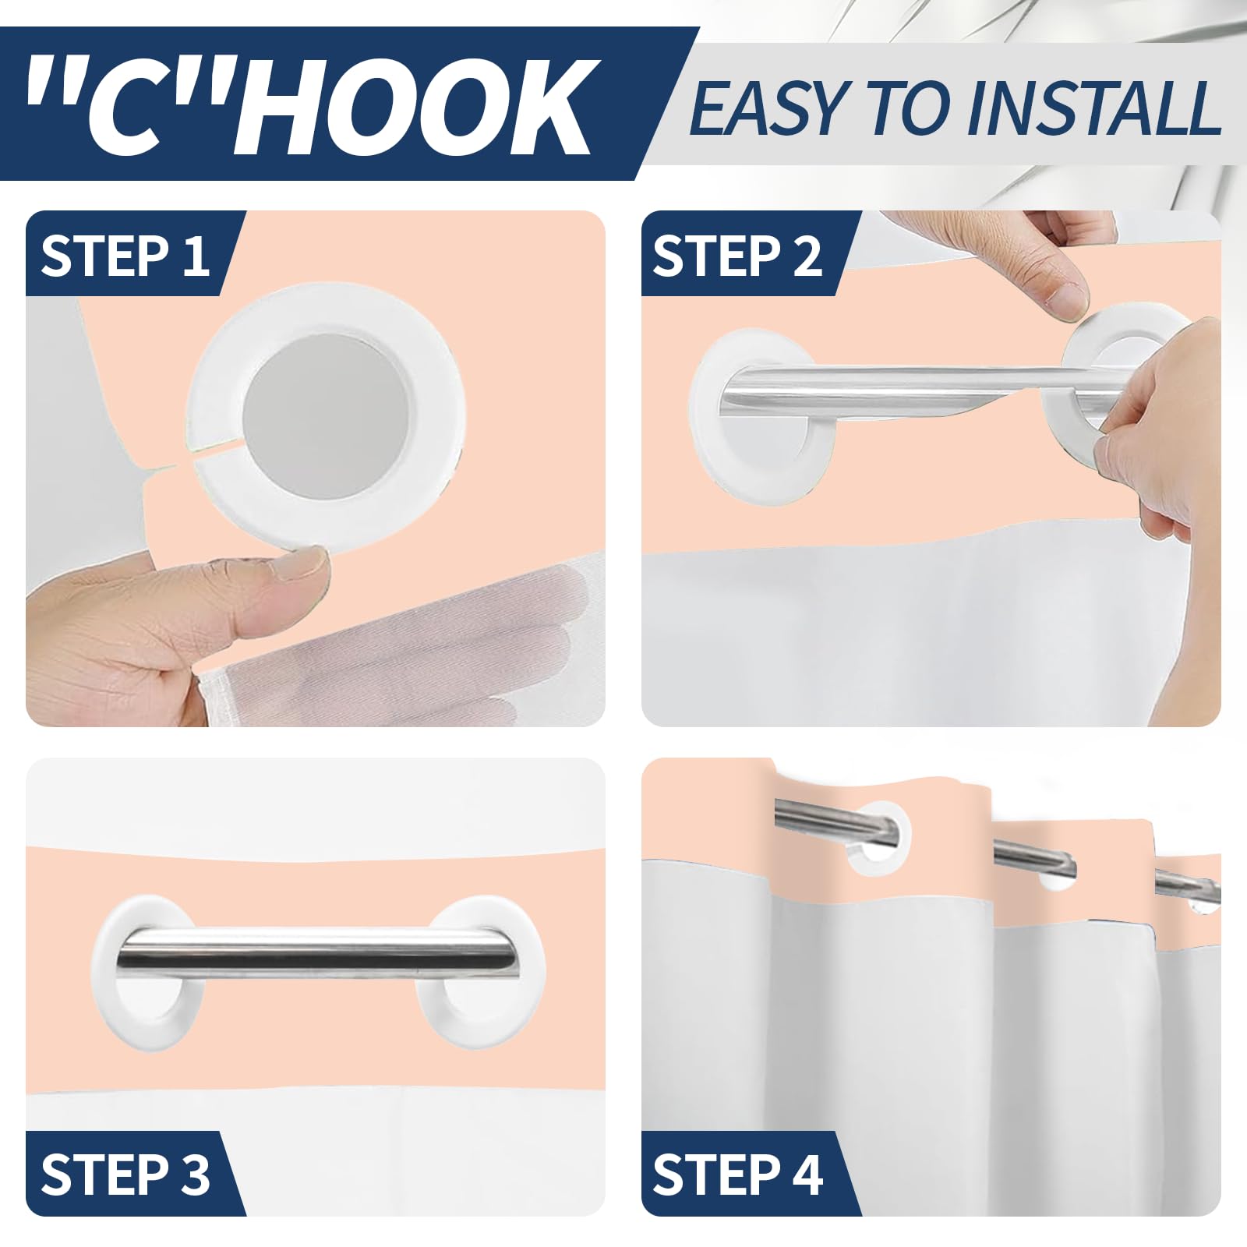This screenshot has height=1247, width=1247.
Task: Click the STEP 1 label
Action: tap(125, 256)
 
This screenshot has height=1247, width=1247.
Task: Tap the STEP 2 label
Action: tap(737, 256)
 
